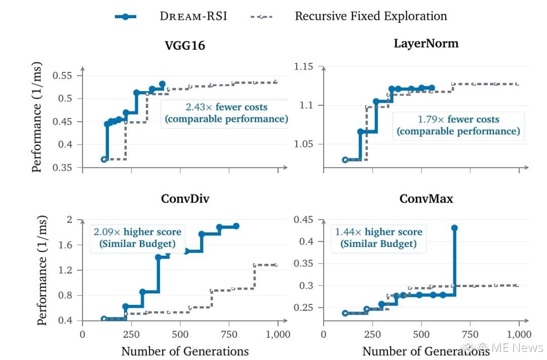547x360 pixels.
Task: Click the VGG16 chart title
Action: [185, 46]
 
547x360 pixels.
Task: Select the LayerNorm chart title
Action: [426, 44]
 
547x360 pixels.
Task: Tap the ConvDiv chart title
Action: [185, 198]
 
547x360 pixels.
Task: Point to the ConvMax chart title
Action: [426, 198]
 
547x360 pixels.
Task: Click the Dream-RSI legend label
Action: [193, 16]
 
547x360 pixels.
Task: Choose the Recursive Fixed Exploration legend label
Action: [371, 16]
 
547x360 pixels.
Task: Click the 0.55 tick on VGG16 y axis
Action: [62, 75]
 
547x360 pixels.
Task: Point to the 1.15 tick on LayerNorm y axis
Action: [303, 66]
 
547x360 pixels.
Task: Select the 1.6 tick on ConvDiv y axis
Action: [65, 245]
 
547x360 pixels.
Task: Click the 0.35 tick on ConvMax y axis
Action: [303, 263]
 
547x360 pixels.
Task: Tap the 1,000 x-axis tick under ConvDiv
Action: [278, 335]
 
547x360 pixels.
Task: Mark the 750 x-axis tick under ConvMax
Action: [470, 335]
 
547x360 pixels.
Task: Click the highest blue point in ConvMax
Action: [454, 228]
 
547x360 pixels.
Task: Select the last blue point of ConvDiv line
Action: [236, 226]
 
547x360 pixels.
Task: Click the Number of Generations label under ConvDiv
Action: [185, 351]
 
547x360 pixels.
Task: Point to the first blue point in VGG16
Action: [104, 159]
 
